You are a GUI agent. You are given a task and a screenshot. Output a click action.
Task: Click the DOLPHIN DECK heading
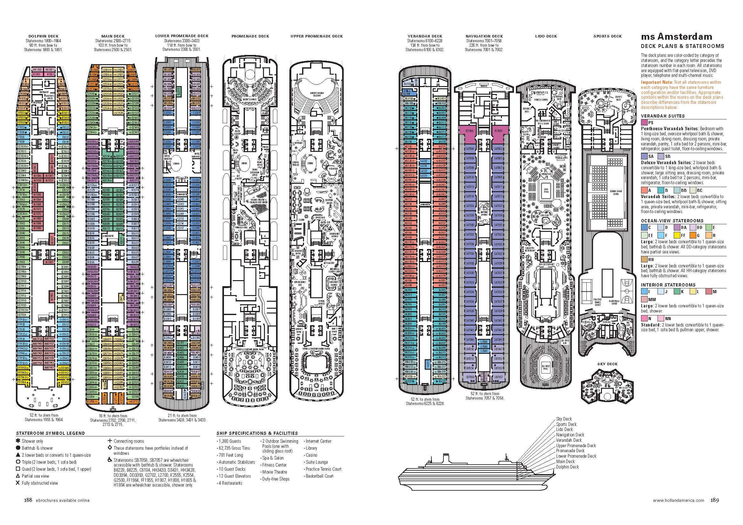44,36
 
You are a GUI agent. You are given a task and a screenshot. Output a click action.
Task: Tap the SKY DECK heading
607,364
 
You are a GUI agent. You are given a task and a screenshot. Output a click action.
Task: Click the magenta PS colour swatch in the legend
644,123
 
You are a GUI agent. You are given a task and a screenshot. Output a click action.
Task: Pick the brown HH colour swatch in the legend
644,259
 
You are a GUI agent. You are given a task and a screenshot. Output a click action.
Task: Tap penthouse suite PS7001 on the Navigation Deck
499,131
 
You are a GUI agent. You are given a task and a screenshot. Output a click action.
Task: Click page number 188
28,500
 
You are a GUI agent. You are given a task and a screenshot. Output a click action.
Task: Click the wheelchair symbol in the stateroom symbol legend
110,460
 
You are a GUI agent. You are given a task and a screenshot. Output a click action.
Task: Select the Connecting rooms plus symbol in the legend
110,441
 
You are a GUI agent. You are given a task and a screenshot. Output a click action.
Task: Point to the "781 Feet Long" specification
231,455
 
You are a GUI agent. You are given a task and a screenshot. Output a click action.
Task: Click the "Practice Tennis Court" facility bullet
323,469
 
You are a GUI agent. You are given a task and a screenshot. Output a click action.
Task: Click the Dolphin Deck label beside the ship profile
568,467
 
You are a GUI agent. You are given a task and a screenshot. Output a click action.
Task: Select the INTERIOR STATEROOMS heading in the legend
668,285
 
